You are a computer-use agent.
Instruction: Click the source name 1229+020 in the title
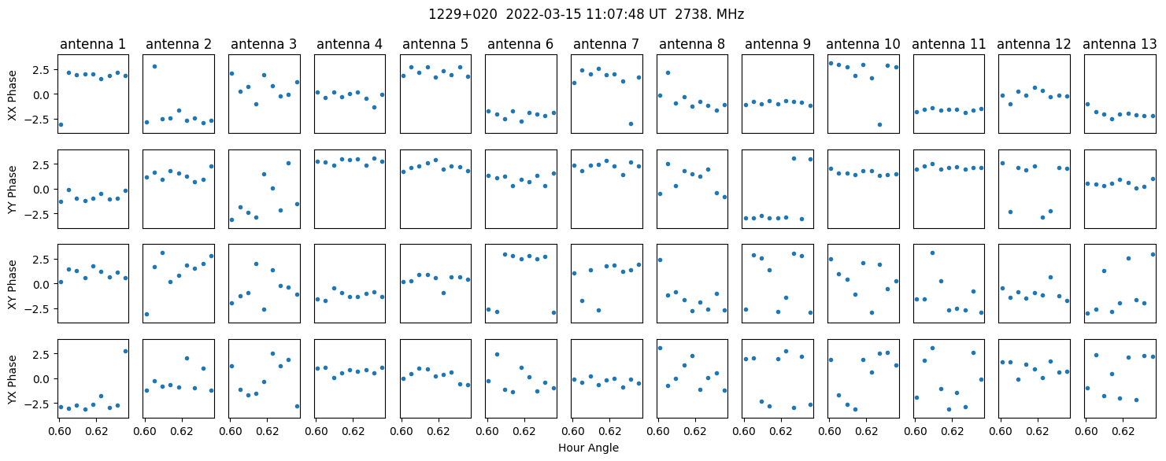[x=463, y=14]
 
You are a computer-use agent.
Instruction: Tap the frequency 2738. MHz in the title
[x=709, y=14]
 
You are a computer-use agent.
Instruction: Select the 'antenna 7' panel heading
[x=606, y=44]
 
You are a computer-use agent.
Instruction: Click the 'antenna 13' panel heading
[x=1120, y=44]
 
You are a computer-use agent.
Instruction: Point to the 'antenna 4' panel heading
[x=350, y=44]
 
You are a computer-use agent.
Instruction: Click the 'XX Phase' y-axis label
[x=12, y=95]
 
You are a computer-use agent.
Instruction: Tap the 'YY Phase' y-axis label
[x=12, y=190]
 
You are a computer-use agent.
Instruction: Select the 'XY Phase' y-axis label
[x=12, y=284]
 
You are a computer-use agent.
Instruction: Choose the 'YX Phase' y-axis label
[x=12, y=378]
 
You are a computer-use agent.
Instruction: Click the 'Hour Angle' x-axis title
[x=588, y=448]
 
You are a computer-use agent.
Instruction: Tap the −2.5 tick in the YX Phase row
[x=39, y=404]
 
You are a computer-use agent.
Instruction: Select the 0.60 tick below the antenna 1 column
[x=59, y=431]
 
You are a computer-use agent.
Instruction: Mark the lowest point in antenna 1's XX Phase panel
[x=61, y=125]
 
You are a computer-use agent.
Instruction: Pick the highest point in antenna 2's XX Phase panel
[x=154, y=67]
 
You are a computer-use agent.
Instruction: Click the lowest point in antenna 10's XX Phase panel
[x=879, y=125]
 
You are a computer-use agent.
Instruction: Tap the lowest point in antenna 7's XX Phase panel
[x=631, y=124]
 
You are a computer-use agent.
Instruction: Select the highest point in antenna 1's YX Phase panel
[x=125, y=351]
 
